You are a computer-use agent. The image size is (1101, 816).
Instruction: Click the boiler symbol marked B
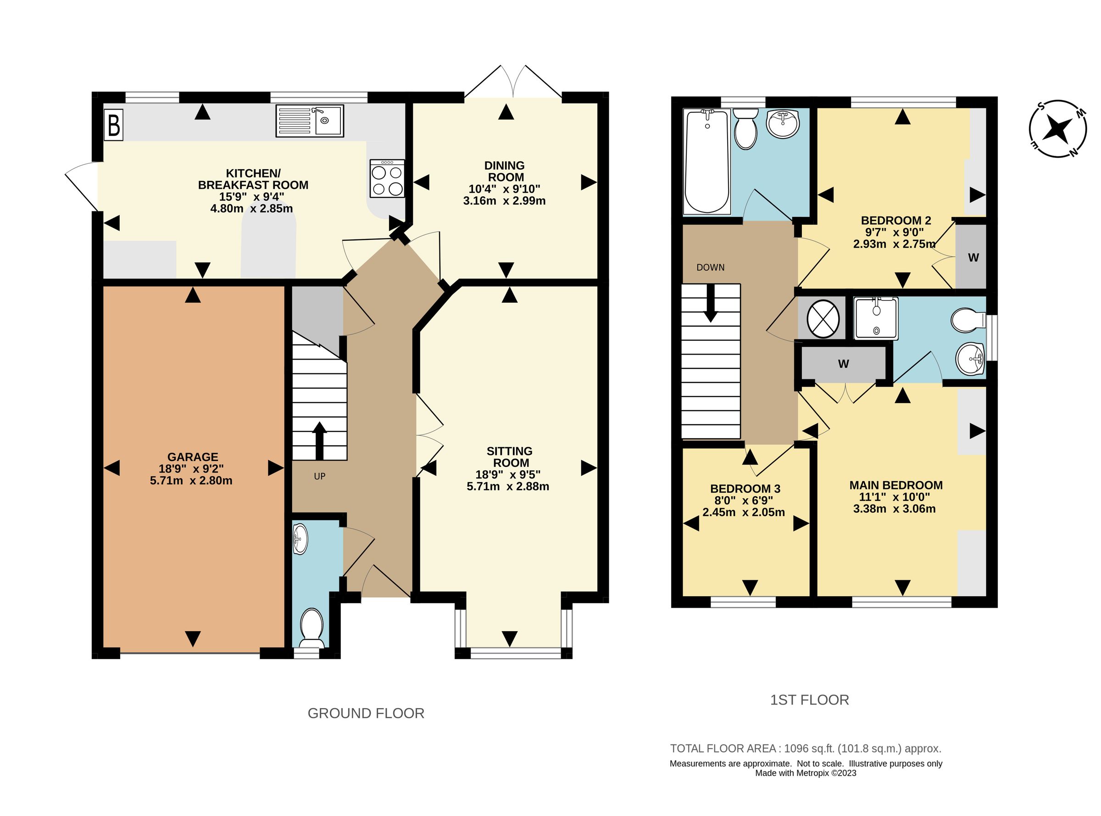tap(114, 126)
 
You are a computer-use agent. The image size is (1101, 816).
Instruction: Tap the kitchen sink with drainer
tap(310, 121)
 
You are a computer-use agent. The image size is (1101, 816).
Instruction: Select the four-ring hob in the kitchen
tap(387, 179)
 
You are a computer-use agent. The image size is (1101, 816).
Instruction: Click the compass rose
tap(1058, 129)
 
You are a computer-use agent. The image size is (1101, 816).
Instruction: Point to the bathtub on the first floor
tap(706, 162)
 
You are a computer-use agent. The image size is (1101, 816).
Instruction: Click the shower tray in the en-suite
tap(876, 318)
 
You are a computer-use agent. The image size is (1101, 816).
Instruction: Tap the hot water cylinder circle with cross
tap(823, 319)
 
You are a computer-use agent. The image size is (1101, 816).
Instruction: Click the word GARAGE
tap(193, 457)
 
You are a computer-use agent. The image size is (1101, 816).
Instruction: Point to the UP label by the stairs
tap(320, 477)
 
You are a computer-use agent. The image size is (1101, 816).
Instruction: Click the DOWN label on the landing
tap(710, 268)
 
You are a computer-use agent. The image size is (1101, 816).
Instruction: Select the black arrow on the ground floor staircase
tap(320, 441)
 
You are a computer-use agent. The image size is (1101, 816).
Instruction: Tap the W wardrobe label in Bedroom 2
tap(973, 258)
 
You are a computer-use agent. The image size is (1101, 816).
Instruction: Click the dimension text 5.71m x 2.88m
tap(508, 487)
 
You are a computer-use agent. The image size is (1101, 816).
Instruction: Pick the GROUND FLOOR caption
tap(366, 713)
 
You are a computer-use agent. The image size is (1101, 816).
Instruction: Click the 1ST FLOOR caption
tap(809, 700)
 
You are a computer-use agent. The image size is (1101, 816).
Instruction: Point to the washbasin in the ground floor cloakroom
tap(300, 539)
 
